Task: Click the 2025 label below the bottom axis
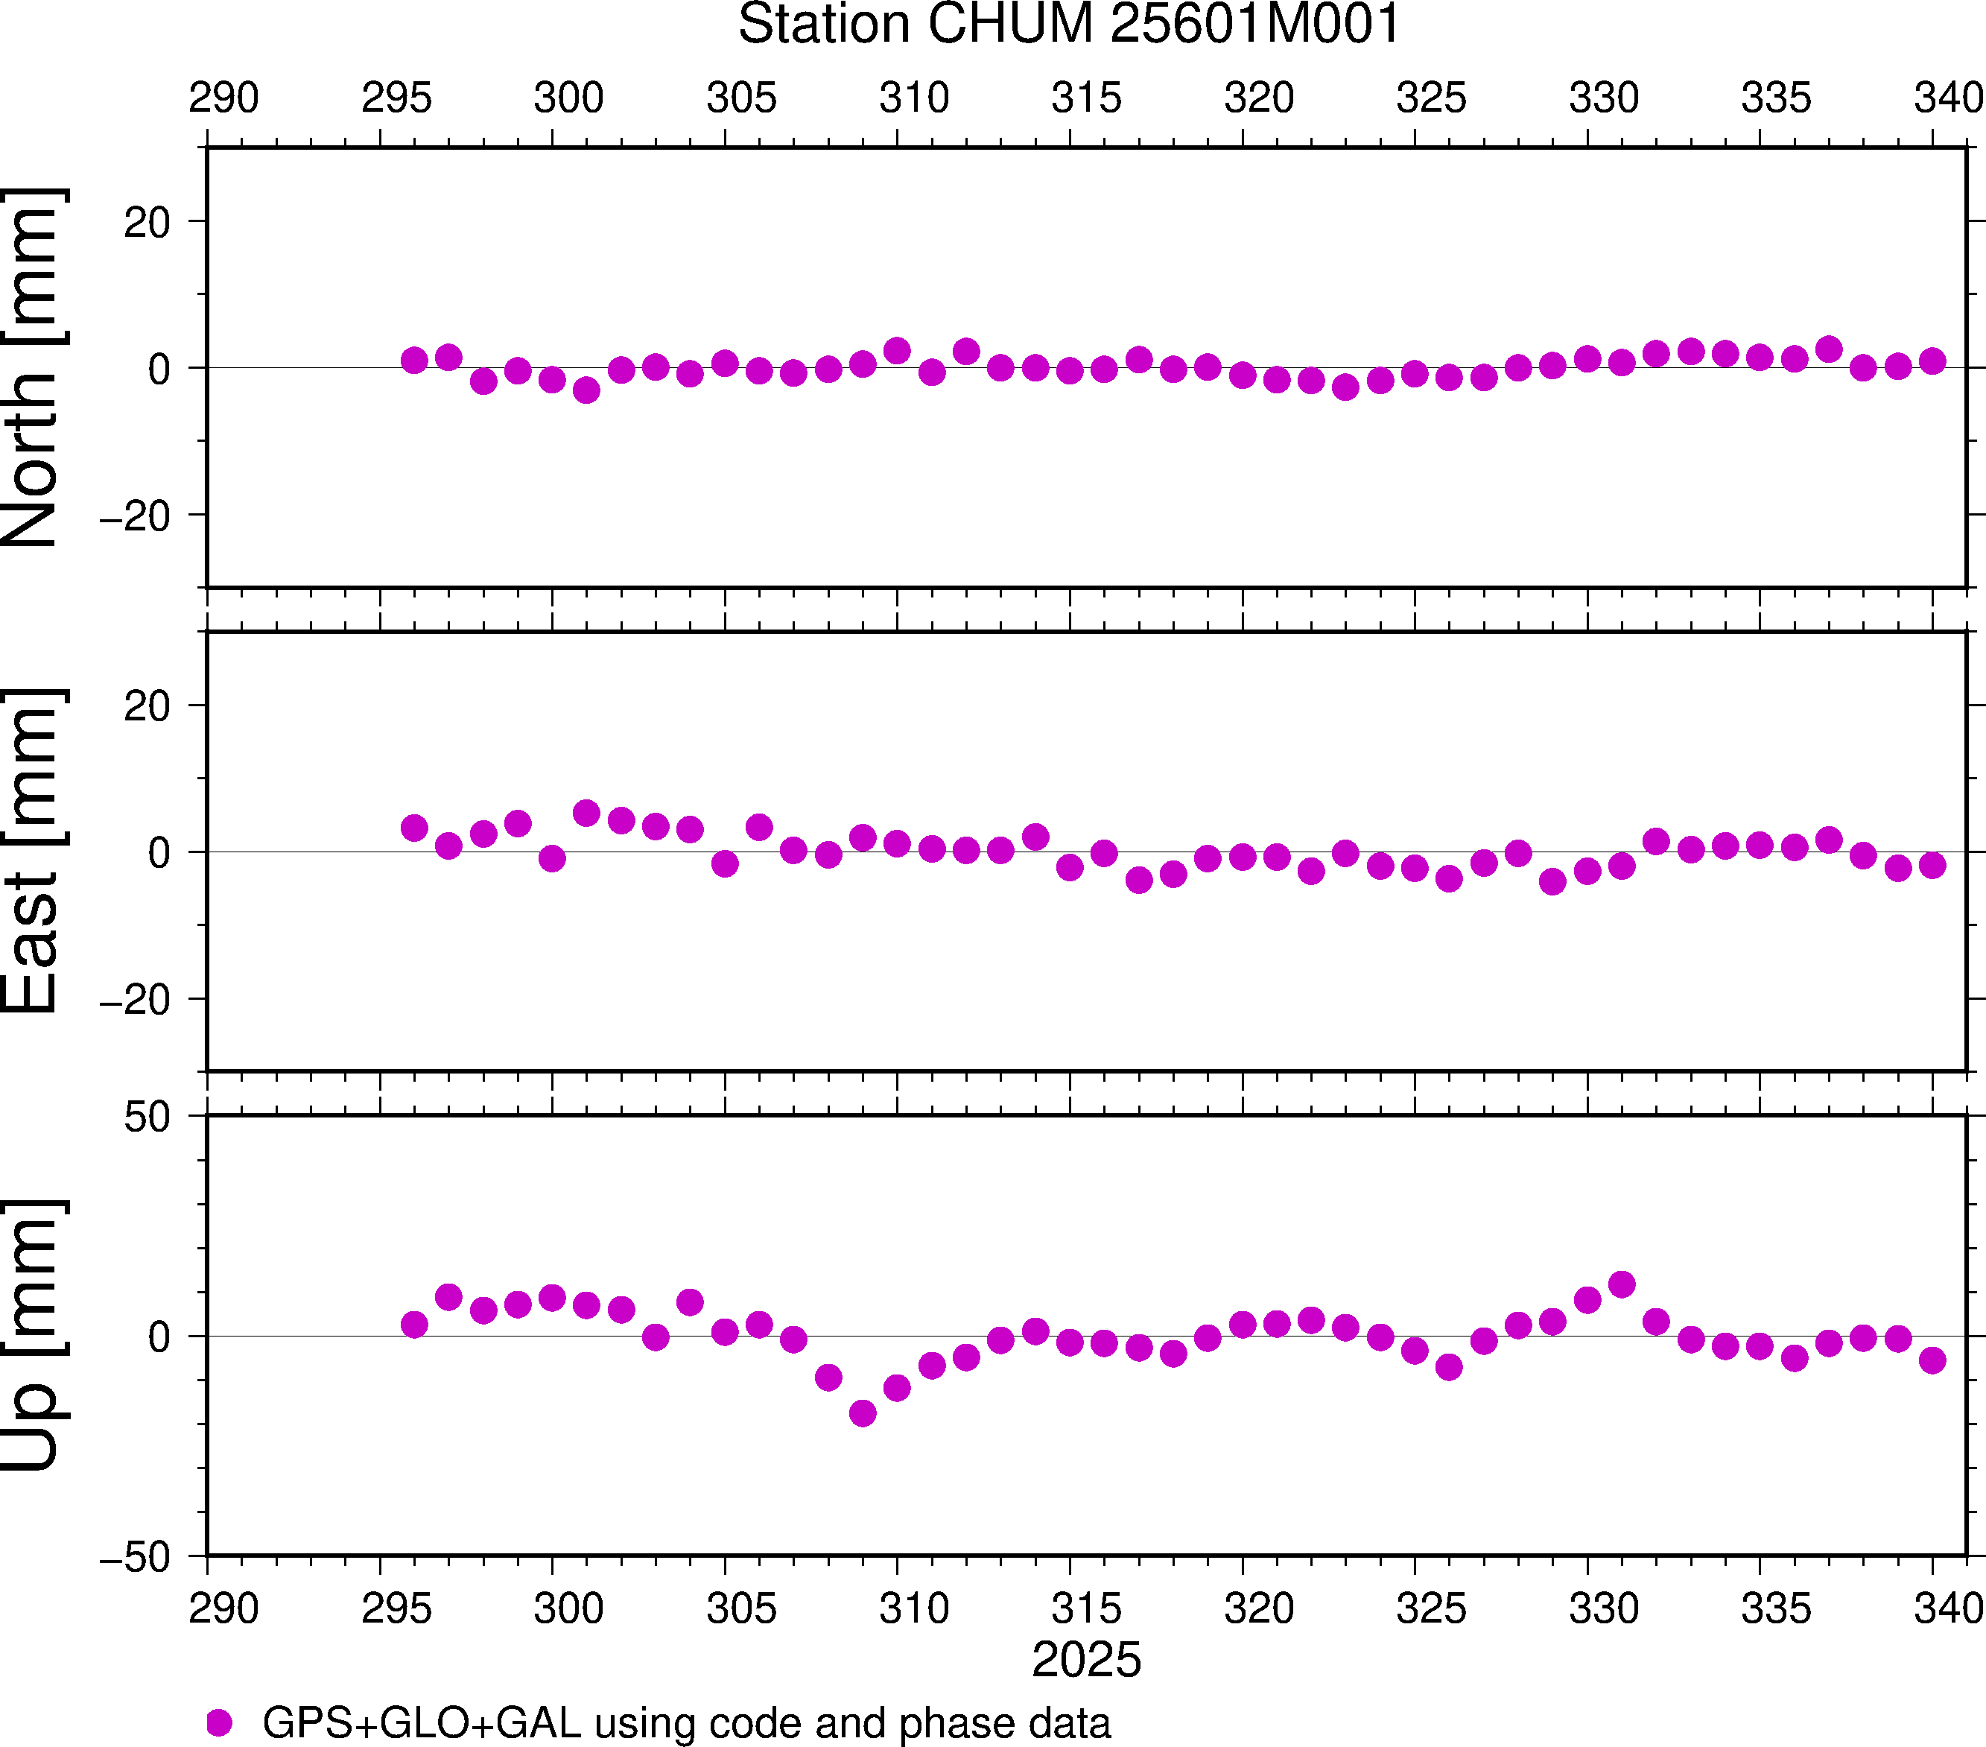[1086, 1660]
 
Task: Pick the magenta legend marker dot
[220, 1722]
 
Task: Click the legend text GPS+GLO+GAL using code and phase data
[686, 1722]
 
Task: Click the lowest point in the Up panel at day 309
[863, 1412]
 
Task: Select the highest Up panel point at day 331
[1622, 1284]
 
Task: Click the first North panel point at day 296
[414, 361]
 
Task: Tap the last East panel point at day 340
[1932, 865]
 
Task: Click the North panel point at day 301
[586, 390]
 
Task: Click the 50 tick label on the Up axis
[147, 1118]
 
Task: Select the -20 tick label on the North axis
[135, 516]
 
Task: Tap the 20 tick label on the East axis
[147, 706]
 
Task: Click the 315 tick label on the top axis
[1086, 98]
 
